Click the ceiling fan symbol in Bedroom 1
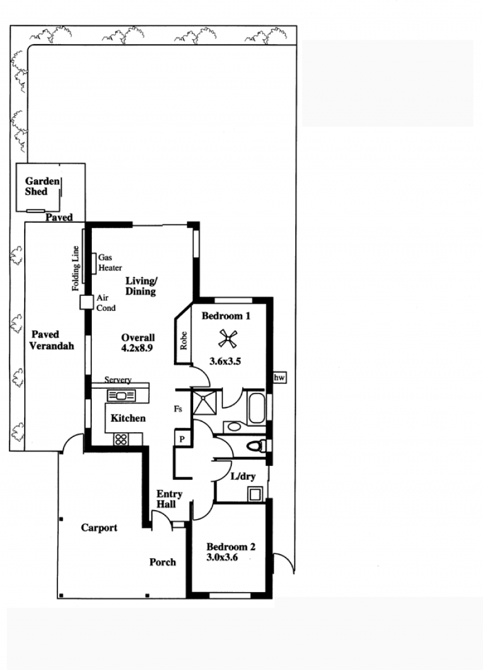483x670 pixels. pos(228,339)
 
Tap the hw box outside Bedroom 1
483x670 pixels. pos(280,378)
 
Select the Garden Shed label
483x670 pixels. pos(42,187)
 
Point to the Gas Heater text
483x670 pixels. pos(110,263)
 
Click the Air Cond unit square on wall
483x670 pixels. pos(86,302)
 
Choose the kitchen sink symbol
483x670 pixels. pos(121,396)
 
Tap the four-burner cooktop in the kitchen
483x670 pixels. pos(121,439)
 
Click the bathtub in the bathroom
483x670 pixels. pos(257,408)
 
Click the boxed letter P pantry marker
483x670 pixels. pos(182,439)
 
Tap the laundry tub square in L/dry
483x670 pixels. pos(255,494)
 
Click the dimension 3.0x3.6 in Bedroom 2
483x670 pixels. pos(222,557)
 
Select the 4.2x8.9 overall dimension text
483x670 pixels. pos(137,348)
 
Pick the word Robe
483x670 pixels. pos(184,340)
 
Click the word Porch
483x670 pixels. pos(162,562)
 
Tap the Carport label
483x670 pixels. pos(99,528)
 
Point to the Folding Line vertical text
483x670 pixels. pos(75,269)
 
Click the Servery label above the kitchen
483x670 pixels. pos(118,380)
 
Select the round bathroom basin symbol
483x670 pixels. pos(234,426)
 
